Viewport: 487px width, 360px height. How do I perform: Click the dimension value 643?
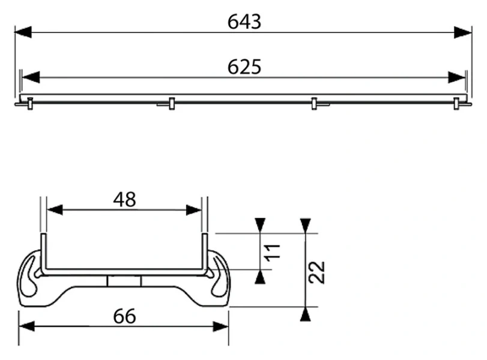(x=244, y=22)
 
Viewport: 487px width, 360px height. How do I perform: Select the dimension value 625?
(x=244, y=67)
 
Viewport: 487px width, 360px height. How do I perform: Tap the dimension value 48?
(x=124, y=200)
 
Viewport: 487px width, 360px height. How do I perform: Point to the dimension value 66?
(x=124, y=316)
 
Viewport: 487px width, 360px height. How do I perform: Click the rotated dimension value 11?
(x=273, y=252)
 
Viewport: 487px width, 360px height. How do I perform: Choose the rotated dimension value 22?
(x=317, y=272)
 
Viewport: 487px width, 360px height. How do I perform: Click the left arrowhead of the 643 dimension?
(x=23, y=32)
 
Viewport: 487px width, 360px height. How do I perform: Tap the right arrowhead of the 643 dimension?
(x=463, y=32)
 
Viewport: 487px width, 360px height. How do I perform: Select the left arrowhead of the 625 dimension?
(x=31, y=77)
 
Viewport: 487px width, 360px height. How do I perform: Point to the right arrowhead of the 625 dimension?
(x=456, y=77)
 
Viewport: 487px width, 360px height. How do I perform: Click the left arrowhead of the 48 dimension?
(x=55, y=210)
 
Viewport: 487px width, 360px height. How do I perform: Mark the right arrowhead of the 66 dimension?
(x=220, y=326)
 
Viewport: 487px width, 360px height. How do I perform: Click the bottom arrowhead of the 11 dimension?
(x=260, y=277)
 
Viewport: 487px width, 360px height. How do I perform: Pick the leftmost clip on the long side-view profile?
(x=30, y=104)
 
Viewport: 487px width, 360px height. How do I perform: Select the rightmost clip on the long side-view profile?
(x=456, y=104)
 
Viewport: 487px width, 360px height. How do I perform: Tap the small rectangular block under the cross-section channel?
(x=124, y=281)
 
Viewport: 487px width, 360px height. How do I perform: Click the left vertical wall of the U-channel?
(x=43, y=252)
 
